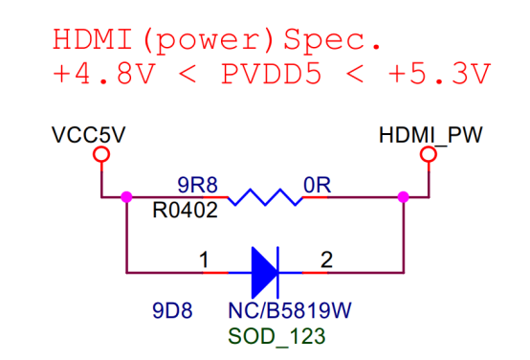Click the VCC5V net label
(x=88, y=135)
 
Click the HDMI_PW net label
(x=431, y=135)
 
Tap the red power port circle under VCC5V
(x=101, y=154)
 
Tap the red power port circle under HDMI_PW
(x=429, y=154)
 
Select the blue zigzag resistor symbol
(x=265, y=197)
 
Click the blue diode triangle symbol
(x=265, y=272)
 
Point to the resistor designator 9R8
(x=197, y=185)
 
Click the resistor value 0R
(x=317, y=185)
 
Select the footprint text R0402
(x=185, y=210)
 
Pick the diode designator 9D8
(x=172, y=310)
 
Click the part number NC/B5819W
(x=290, y=310)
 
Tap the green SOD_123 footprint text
(x=276, y=336)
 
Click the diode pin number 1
(x=204, y=260)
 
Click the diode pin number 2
(x=326, y=260)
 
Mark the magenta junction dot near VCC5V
(x=126, y=197)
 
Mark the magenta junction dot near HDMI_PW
(x=404, y=197)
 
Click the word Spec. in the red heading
(x=332, y=40)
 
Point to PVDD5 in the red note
(x=271, y=74)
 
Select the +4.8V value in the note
(x=103, y=74)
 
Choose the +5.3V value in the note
(x=439, y=74)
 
